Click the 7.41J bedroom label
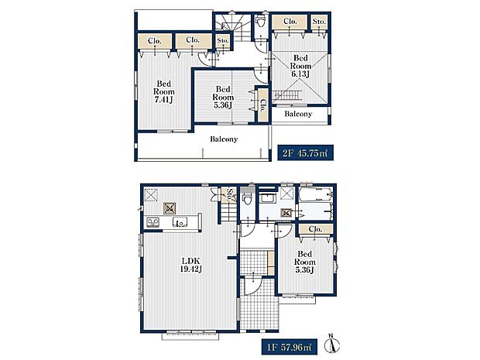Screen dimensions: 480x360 click(x=164, y=91)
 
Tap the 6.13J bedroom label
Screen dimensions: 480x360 click(x=300, y=66)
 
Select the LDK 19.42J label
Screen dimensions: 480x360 click(x=190, y=265)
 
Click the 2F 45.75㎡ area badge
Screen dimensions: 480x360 click(x=305, y=153)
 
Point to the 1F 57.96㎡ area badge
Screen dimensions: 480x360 click(x=289, y=347)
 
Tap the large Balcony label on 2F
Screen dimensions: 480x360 click(x=224, y=139)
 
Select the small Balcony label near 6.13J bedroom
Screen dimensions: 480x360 click(x=298, y=114)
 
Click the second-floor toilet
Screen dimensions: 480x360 click(x=261, y=21)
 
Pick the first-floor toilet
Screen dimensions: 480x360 click(x=247, y=197)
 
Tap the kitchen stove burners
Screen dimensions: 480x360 click(x=153, y=221)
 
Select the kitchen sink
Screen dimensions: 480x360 click(x=180, y=221)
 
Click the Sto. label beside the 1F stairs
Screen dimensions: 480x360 click(x=230, y=194)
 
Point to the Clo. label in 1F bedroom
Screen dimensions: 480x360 click(x=315, y=229)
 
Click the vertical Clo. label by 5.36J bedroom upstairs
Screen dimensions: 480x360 click(x=262, y=105)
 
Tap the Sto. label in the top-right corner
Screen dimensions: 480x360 click(x=319, y=22)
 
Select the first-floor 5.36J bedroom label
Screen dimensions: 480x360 click(x=304, y=262)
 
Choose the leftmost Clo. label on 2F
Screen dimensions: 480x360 click(x=155, y=41)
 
